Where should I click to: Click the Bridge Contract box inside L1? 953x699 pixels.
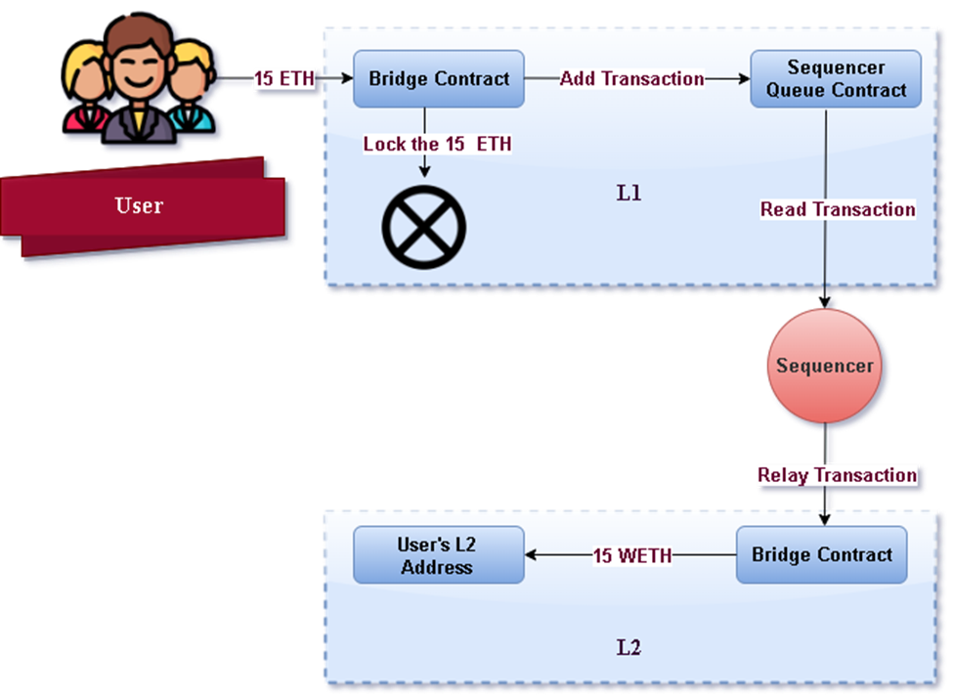pyautogui.click(x=439, y=79)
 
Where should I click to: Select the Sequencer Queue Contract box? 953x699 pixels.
pyautogui.click(x=836, y=79)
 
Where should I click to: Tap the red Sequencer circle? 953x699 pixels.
pyautogui.click(x=825, y=367)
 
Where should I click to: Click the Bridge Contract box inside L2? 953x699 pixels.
pyautogui.click(x=821, y=555)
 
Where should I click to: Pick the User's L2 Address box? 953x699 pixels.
pyautogui.click(x=437, y=555)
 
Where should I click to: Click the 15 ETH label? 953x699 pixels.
pyautogui.click(x=284, y=79)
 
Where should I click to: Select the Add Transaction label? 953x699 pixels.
pyautogui.click(x=631, y=79)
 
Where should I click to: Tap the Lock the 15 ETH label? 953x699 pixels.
pyautogui.click(x=437, y=144)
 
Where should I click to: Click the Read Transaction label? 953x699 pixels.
pyautogui.click(x=838, y=209)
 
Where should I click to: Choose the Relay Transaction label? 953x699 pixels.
pyautogui.click(x=837, y=475)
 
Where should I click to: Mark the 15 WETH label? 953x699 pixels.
pyautogui.click(x=632, y=555)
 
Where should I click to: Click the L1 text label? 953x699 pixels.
pyautogui.click(x=628, y=194)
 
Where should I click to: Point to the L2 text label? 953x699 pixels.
pyautogui.click(x=628, y=647)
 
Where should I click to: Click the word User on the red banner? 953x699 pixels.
pyautogui.click(x=139, y=205)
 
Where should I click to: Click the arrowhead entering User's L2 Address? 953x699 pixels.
pyautogui.click(x=531, y=555)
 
